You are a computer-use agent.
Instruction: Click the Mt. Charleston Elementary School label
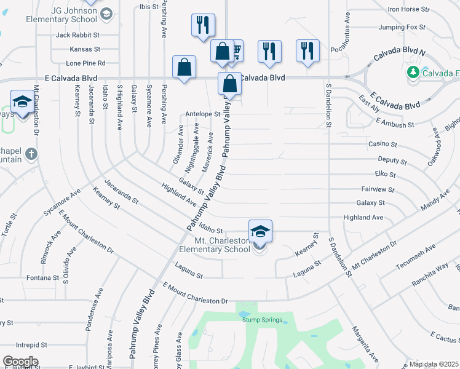pyautogui.click(x=214, y=245)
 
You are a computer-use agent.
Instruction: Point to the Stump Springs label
pyautogui.click(x=262, y=320)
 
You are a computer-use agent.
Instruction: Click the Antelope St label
pyautogui.click(x=202, y=114)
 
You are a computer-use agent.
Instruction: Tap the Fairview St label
pyautogui.click(x=378, y=189)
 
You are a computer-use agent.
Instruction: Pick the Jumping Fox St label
pyautogui.click(x=402, y=27)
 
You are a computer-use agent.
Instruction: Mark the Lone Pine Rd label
pyautogui.click(x=85, y=63)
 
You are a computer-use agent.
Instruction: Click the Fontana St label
pyautogui.click(x=42, y=278)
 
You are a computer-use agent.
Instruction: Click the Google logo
pyautogui.click(x=21, y=362)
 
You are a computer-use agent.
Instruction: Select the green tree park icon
pyautogui.click(x=414, y=73)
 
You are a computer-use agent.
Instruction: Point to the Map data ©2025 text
pyautogui.click(x=434, y=365)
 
